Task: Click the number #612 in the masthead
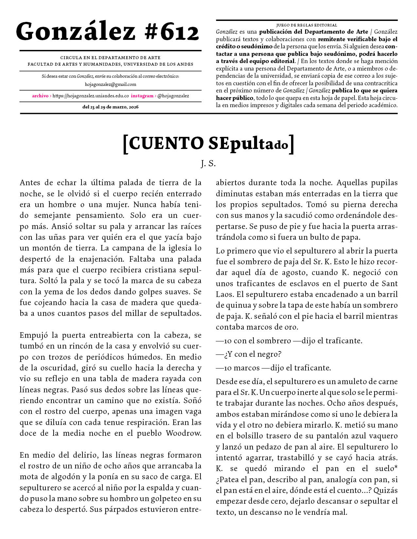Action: [x=171, y=32]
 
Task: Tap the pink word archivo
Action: [x=40, y=96]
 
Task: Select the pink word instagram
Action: [x=142, y=96]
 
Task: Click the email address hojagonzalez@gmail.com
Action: [x=111, y=84]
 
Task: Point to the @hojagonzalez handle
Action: [x=173, y=96]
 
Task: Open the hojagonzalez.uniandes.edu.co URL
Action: [x=91, y=96]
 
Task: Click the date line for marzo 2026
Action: [x=111, y=107]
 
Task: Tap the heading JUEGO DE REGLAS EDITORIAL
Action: [x=306, y=25]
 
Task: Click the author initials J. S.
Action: [x=208, y=163]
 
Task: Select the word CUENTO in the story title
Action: [x=166, y=143]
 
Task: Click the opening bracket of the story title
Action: [x=125, y=144]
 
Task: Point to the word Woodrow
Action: [x=183, y=433]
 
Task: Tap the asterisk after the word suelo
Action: [x=396, y=468]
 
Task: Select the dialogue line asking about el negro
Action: [x=249, y=354]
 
